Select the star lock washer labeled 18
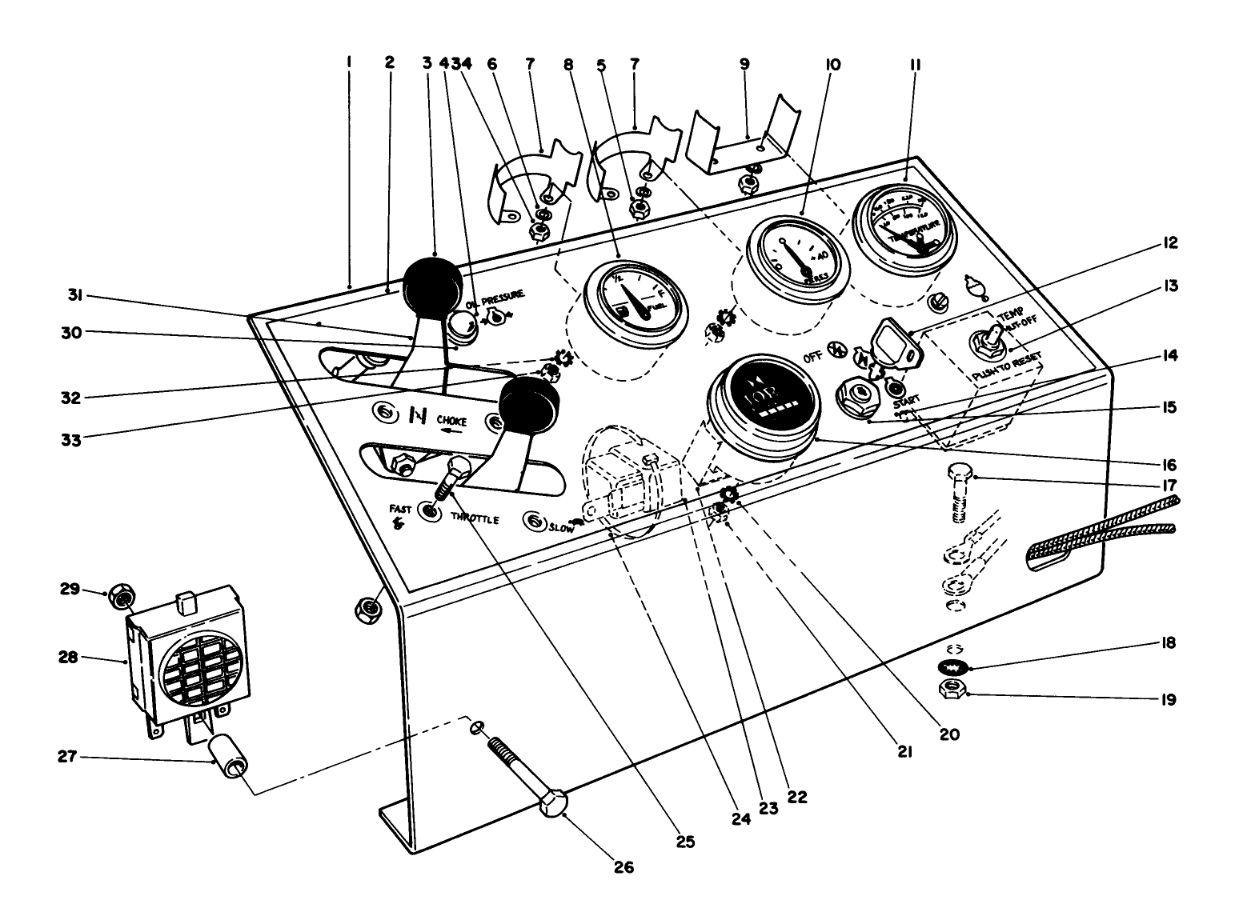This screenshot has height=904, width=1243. coord(952,666)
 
